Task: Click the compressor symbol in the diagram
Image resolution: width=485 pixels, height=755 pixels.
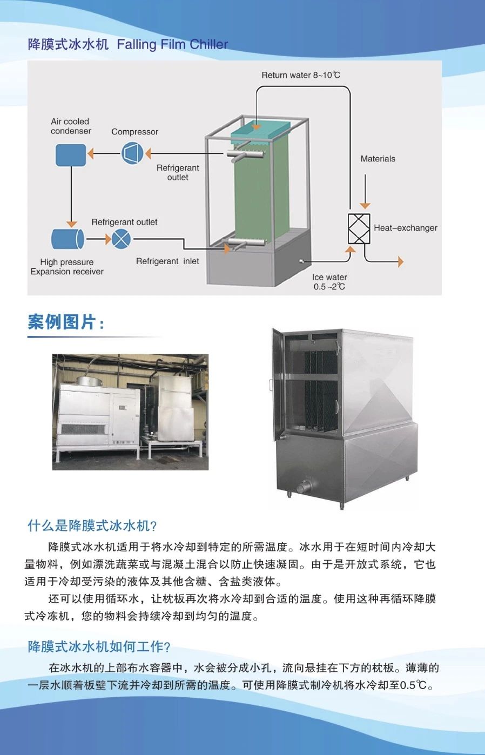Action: (132, 153)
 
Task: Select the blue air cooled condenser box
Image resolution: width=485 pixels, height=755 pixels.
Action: (71, 155)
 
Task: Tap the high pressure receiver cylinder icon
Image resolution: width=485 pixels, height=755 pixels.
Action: (68, 239)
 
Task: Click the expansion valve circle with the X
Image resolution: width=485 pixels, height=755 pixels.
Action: (121, 239)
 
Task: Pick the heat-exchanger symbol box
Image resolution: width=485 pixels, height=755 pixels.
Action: (359, 228)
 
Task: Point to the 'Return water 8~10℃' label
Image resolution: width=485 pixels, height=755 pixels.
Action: (301, 75)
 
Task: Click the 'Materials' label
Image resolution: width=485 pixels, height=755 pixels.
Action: (378, 159)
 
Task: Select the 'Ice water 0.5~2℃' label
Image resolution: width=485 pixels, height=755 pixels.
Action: (329, 282)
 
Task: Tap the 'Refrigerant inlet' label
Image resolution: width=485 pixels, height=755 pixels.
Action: (167, 261)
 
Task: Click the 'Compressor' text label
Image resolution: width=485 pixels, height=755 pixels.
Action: (135, 132)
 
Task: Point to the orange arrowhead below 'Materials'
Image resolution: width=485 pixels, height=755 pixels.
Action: (365, 206)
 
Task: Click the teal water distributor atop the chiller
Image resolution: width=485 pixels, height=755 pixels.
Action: (260, 130)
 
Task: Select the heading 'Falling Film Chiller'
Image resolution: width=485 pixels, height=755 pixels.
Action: (172, 44)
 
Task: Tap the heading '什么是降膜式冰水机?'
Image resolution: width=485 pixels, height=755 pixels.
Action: (92, 525)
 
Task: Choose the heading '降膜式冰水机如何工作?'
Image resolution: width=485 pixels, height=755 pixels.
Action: (99, 646)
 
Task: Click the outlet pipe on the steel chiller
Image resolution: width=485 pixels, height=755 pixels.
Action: (305, 487)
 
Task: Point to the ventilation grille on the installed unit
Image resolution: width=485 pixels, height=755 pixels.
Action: (83, 429)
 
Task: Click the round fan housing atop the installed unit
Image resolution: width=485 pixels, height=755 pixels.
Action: (89, 380)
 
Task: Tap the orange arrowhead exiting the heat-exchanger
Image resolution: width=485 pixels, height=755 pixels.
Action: (400, 261)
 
